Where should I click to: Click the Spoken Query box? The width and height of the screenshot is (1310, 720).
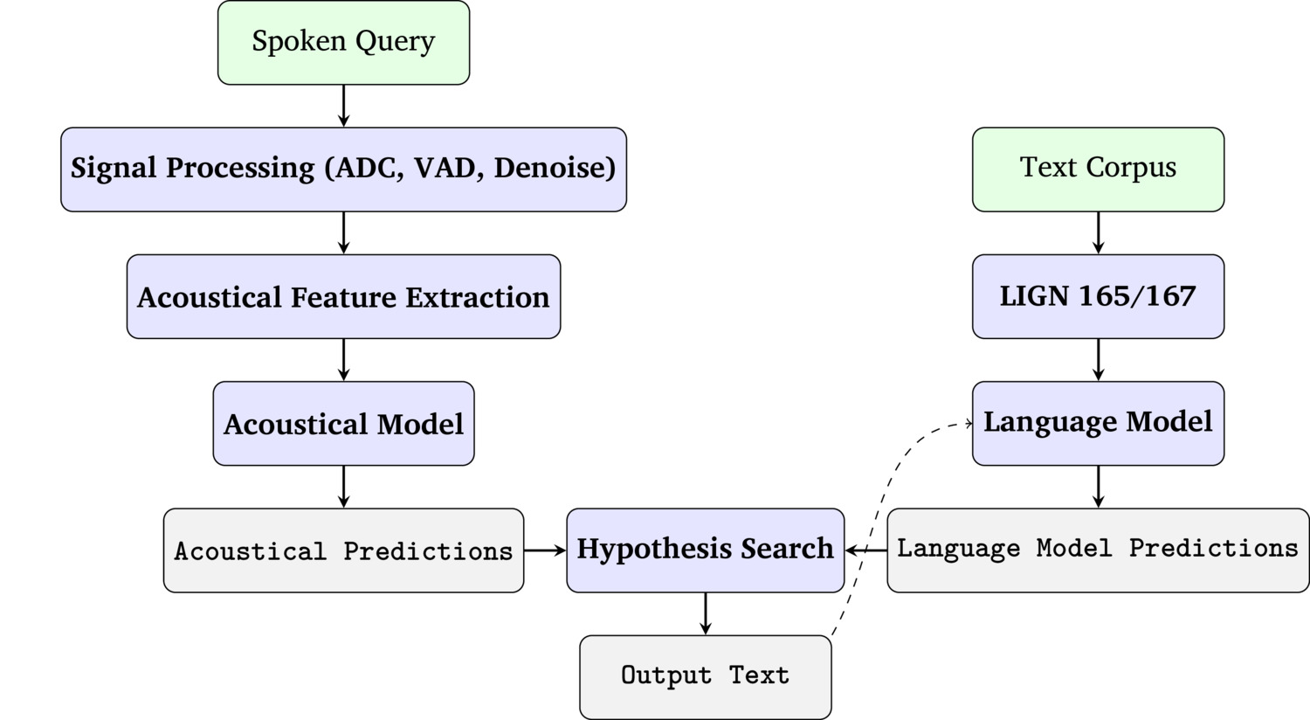tap(343, 43)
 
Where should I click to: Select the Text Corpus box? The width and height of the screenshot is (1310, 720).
tap(1098, 169)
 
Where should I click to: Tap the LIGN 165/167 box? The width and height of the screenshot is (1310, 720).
tap(1098, 296)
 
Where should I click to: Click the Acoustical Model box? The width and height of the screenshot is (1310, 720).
tap(343, 424)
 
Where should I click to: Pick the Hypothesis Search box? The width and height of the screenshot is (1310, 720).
tap(706, 550)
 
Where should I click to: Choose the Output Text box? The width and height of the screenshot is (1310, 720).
tap(706, 676)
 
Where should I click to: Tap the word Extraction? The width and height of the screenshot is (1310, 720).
tap(478, 297)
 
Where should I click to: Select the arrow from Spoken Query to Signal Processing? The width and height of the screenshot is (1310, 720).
tap(343, 106)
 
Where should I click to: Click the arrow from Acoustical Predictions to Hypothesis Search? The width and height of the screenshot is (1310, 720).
tap(545, 550)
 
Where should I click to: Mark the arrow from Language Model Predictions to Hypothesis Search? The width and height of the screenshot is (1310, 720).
tap(866, 550)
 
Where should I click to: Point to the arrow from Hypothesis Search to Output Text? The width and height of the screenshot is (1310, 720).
tap(706, 613)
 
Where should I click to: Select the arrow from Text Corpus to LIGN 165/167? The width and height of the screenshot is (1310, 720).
tap(1098, 232)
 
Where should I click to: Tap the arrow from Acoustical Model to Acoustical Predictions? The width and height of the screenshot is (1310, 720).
tap(343, 487)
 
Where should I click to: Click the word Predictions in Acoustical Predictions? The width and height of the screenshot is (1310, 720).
tap(428, 551)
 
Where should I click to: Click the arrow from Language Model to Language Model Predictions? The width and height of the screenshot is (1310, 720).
tap(1098, 487)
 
